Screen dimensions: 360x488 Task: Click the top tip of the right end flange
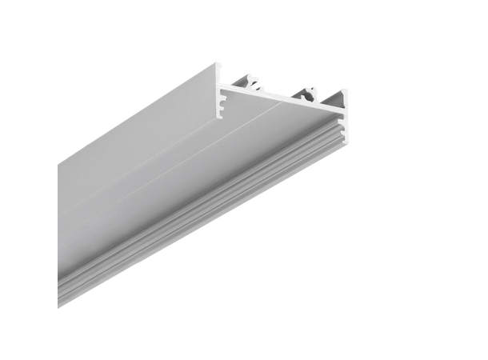(344, 92)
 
